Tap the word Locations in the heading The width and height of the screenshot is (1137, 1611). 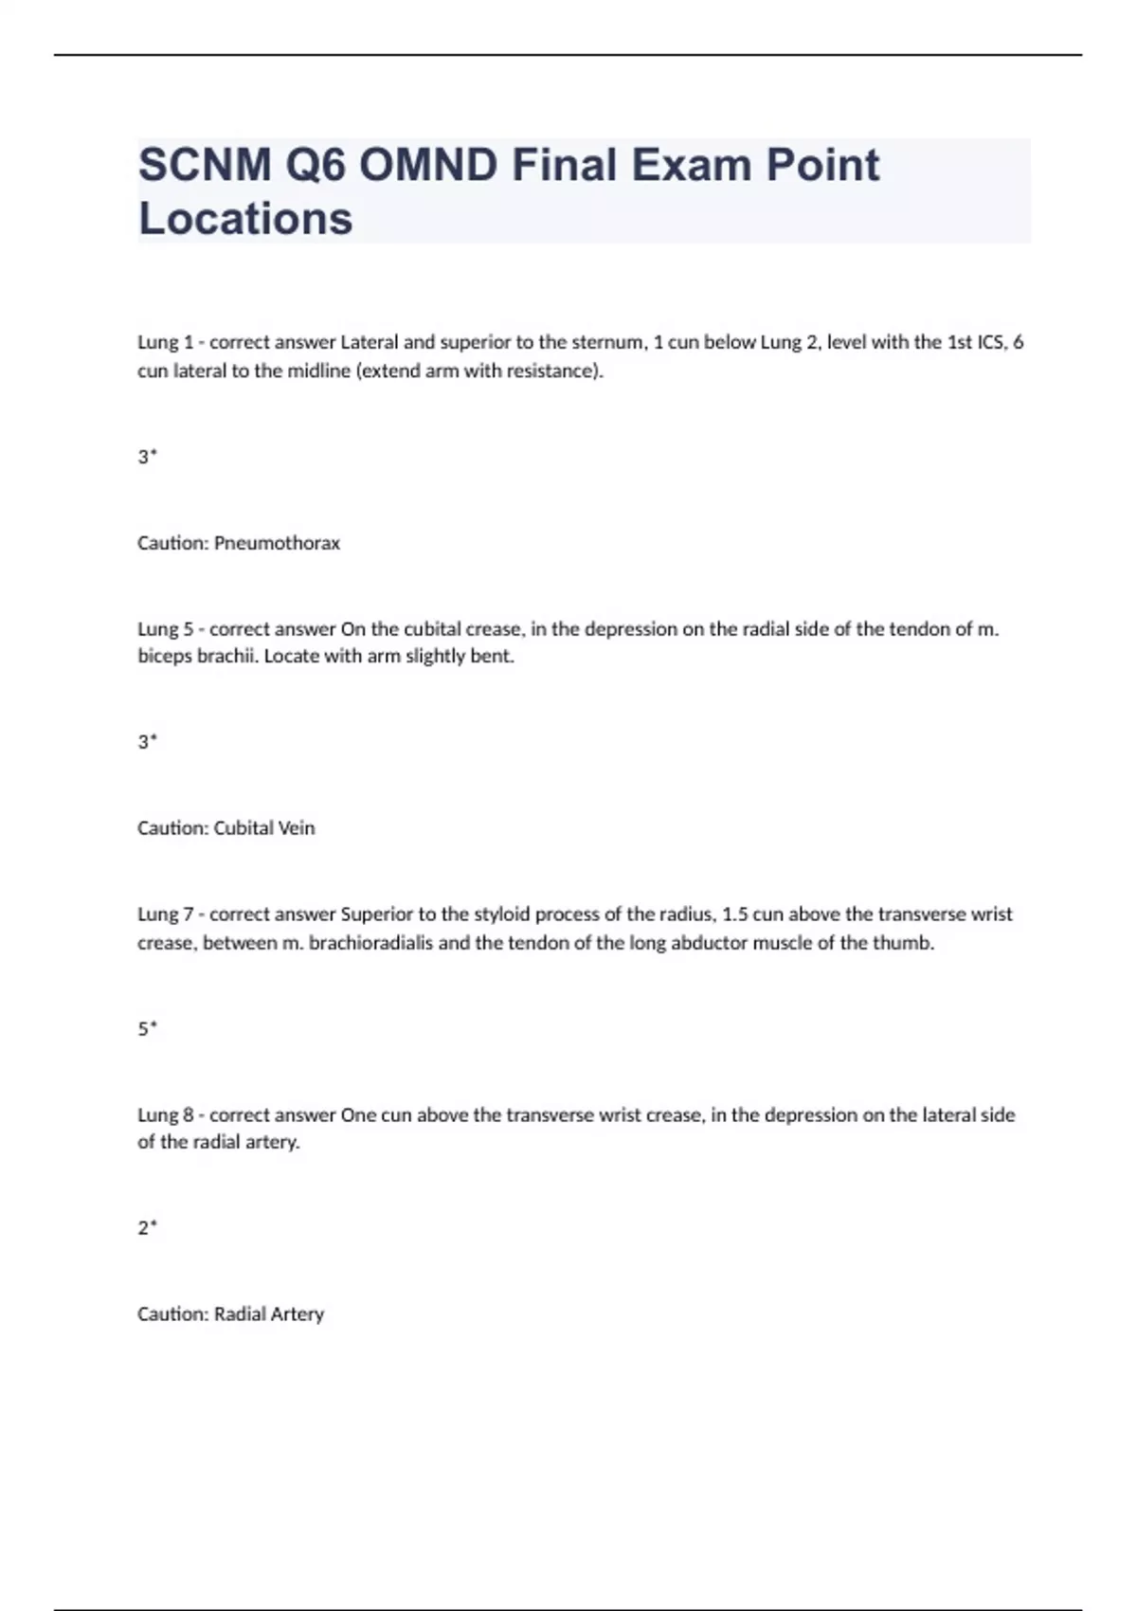(x=245, y=219)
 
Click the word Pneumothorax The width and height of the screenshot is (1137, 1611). (x=277, y=543)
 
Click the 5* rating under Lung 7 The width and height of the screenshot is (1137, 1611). (x=147, y=1028)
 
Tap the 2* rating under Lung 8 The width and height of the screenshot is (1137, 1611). (x=147, y=1228)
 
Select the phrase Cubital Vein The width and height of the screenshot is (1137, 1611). (x=264, y=828)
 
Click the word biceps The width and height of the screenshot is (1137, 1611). (x=165, y=657)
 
